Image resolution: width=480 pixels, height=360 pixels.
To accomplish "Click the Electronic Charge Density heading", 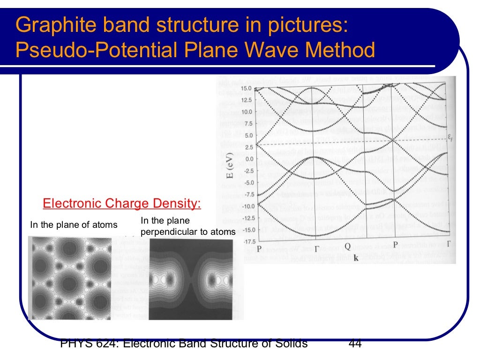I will point(121,204).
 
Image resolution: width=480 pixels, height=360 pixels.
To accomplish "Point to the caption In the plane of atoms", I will point(74,225).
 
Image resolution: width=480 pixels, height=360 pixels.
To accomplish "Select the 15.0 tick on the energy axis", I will point(246,89).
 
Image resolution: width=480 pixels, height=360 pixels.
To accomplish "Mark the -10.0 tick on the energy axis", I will point(244,206).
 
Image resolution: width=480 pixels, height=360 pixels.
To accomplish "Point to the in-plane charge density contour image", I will point(70,277).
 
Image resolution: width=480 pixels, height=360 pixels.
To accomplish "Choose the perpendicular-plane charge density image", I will point(191,280).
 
